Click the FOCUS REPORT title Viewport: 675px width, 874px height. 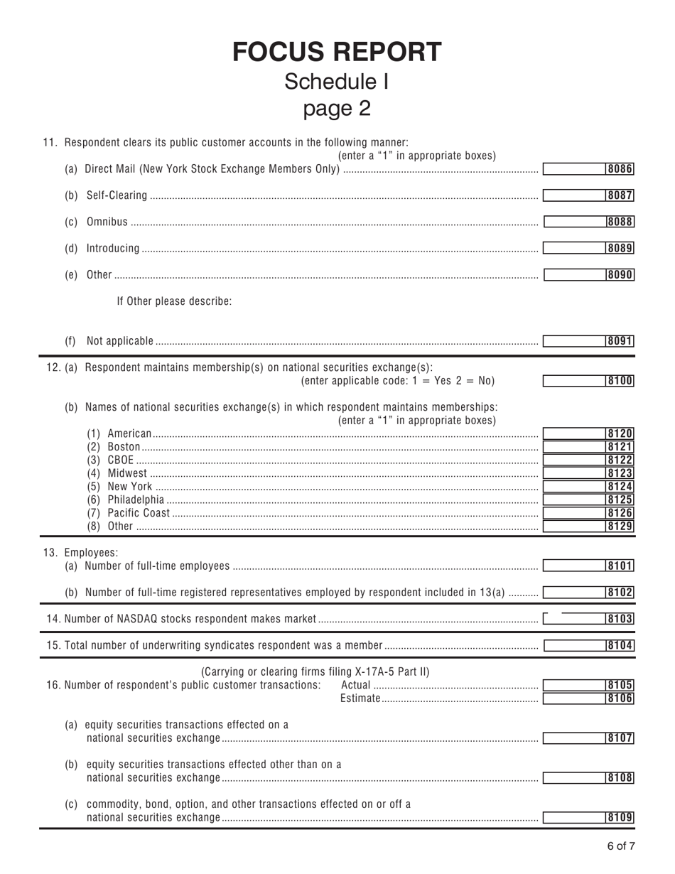point(337,52)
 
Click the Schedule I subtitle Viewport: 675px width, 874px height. point(337,82)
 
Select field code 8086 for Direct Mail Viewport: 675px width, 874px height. point(620,169)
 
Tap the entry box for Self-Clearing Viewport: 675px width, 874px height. point(574,195)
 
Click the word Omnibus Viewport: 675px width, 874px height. point(107,222)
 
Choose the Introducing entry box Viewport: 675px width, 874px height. point(574,248)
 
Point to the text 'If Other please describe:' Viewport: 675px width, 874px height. point(174,301)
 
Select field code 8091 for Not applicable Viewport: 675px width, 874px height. point(620,341)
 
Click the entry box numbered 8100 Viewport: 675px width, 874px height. point(574,381)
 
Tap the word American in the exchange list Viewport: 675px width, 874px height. point(129,433)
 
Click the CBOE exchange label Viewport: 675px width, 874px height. point(120,460)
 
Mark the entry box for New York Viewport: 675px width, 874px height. point(574,487)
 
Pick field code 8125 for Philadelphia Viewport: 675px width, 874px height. point(620,500)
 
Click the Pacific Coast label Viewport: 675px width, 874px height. point(139,513)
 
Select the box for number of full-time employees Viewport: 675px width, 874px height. point(574,566)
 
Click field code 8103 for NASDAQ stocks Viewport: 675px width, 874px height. point(620,619)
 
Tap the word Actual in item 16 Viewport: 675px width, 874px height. point(356,685)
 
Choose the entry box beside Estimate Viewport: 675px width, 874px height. point(574,698)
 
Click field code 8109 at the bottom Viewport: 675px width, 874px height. point(620,817)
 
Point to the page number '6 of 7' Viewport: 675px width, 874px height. point(620,846)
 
